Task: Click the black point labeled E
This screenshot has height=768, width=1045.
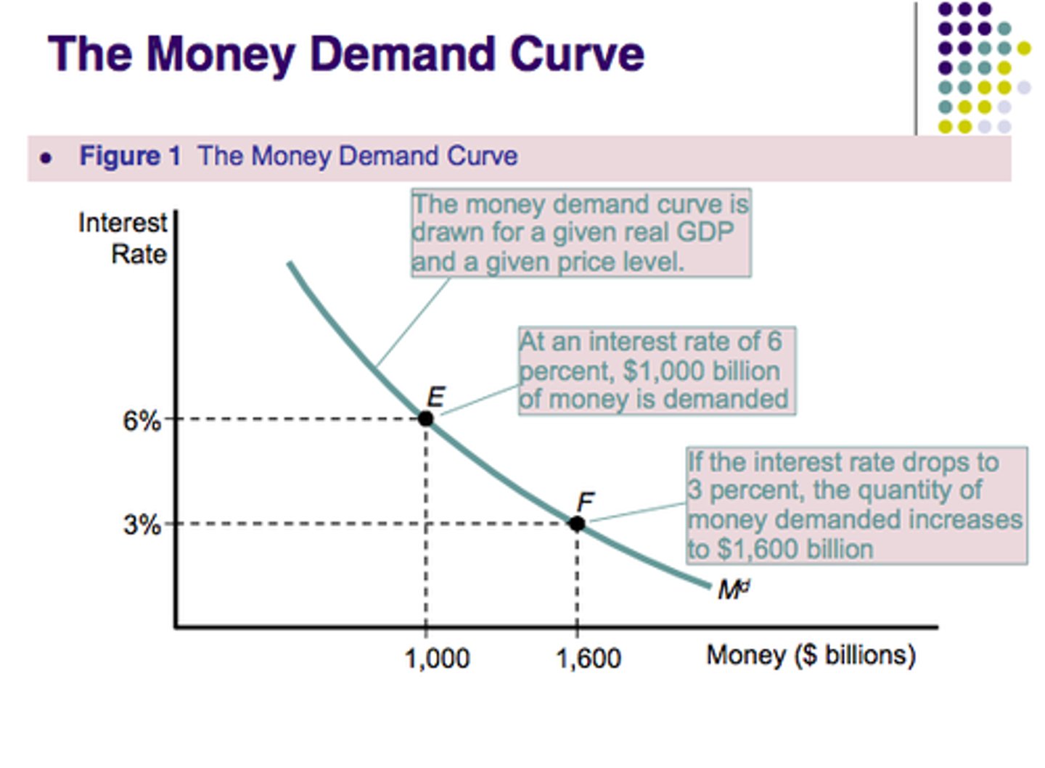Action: (426, 418)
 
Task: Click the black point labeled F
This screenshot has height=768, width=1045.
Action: (577, 524)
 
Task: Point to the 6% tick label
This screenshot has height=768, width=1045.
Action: (142, 421)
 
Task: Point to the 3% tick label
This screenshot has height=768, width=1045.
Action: (142, 524)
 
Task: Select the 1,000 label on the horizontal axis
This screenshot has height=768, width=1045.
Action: (437, 658)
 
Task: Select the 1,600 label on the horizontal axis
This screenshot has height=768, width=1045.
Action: (589, 658)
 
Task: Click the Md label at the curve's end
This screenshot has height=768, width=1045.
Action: (733, 590)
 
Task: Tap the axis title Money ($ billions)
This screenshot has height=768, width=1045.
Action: (811, 655)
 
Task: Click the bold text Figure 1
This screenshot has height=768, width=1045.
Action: (130, 156)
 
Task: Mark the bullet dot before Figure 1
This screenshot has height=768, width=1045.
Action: (46, 157)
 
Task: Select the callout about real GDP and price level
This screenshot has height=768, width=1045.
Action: (581, 233)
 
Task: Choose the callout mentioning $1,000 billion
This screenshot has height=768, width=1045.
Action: (656, 371)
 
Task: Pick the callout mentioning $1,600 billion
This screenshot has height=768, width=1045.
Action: (856, 505)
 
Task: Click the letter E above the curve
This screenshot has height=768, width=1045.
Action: (435, 397)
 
